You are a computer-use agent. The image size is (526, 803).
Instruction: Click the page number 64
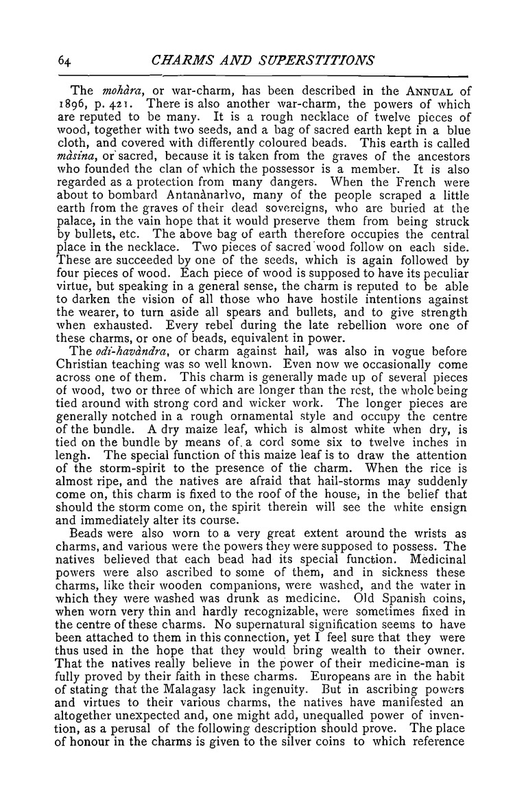pos(64,60)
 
